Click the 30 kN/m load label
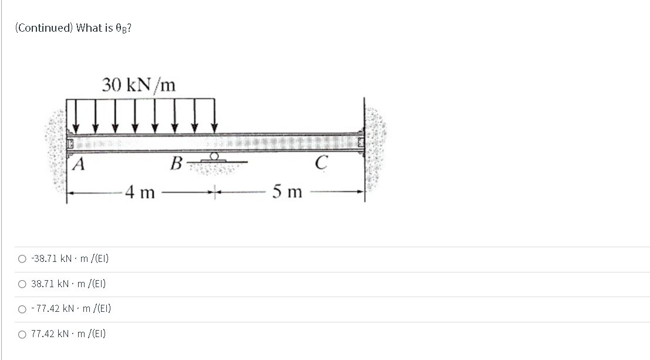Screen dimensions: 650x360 tap(139, 85)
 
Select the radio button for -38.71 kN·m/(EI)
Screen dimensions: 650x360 tap(22, 259)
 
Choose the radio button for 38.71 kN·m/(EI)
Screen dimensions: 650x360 tap(22, 284)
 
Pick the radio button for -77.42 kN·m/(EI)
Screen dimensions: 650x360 tap(22, 309)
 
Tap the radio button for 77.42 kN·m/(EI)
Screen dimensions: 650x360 tap(22, 334)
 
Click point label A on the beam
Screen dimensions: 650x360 tap(78, 164)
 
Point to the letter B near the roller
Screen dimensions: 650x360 tap(176, 163)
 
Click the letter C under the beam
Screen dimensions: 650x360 tap(321, 163)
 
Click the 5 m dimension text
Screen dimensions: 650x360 tap(287, 191)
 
